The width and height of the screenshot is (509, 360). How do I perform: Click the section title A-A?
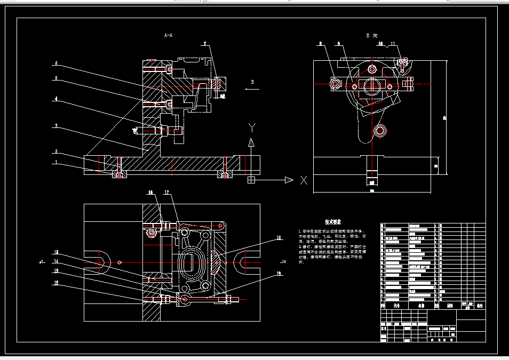click(168, 35)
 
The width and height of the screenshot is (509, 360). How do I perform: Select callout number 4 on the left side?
click(55, 99)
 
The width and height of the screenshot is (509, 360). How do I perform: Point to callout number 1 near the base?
click(55, 163)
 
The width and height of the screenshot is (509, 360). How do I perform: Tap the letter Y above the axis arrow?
click(252, 127)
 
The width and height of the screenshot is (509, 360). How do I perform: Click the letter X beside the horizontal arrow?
click(304, 180)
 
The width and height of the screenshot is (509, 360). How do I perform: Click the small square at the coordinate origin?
click(251, 180)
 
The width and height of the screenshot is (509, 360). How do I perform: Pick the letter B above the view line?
click(252, 82)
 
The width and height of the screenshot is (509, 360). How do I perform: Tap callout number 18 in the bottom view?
click(278, 238)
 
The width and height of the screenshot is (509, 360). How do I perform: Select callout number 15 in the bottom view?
click(55, 252)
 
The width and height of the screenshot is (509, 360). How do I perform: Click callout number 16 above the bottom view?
click(150, 192)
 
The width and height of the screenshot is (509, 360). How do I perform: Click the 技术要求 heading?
click(333, 221)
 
